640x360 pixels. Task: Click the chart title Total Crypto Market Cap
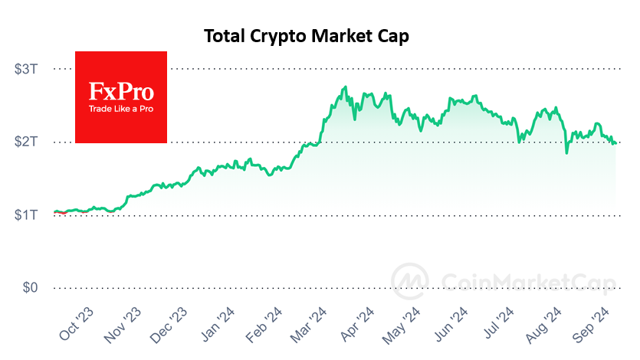click(x=307, y=36)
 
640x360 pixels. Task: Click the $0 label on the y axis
click(x=30, y=288)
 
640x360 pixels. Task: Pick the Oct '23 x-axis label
click(x=77, y=322)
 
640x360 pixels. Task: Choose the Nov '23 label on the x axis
click(x=123, y=322)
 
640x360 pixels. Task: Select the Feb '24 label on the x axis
click(x=262, y=322)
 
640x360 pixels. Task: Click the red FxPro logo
click(x=121, y=97)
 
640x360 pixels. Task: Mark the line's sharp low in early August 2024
click(x=566, y=153)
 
